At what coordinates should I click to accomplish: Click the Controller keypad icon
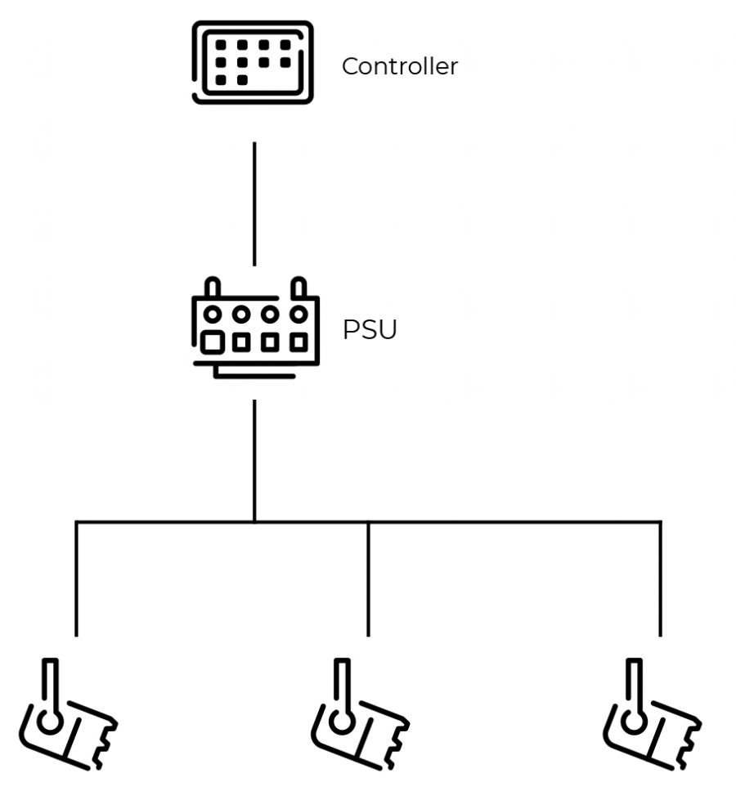[253, 63]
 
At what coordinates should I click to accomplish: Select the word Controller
[399, 66]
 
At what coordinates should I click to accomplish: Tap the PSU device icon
[254, 329]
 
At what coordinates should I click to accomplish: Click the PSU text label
[370, 331]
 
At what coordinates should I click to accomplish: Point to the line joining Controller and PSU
[254, 203]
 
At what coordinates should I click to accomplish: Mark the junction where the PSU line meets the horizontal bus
[254, 521]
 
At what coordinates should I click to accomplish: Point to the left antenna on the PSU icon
[212, 288]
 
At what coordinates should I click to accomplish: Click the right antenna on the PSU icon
[298, 288]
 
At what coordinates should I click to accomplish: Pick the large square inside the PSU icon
[213, 342]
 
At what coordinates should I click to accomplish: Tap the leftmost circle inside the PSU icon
[213, 314]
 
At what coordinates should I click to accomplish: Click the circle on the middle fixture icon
[343, 722]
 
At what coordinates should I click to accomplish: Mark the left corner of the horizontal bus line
[76, 521]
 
